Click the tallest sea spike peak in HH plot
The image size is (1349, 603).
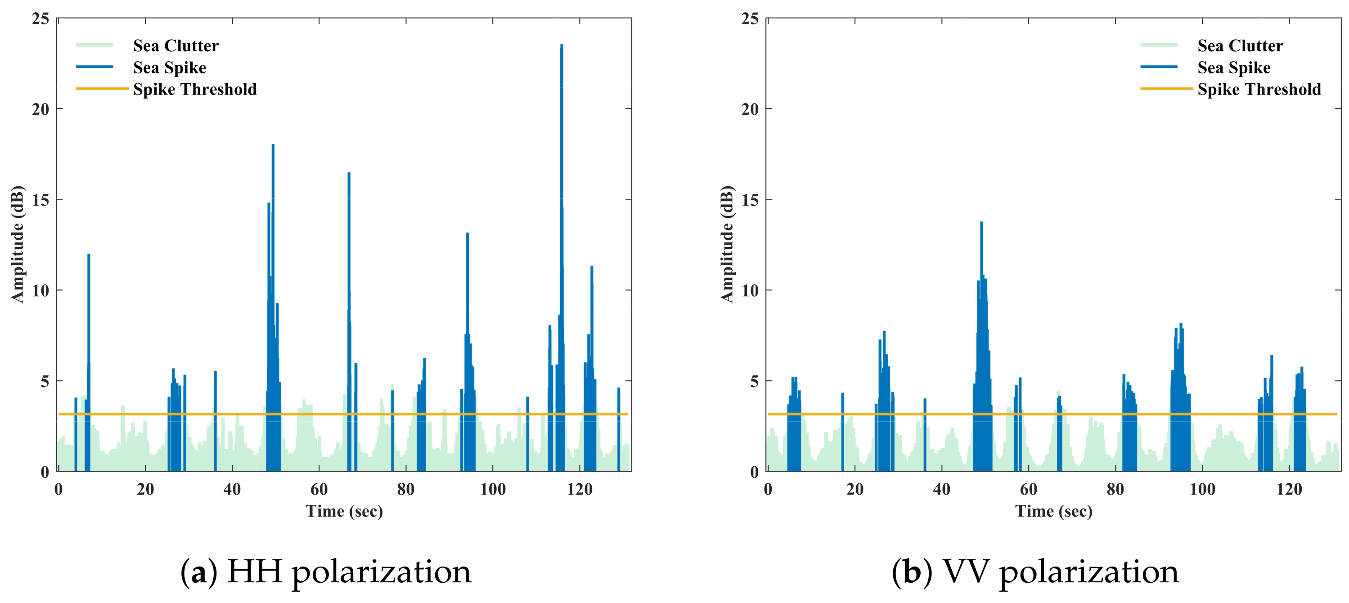[x=562, y=46]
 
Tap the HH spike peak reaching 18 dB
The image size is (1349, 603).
[x=273, y=146]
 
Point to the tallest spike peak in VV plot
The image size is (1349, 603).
[x=981, y=223]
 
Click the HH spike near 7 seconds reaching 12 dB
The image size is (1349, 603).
[x=89, y=255]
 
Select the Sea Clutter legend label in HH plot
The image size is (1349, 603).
[x=175, y=46]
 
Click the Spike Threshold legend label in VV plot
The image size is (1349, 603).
[x=1259, y=90]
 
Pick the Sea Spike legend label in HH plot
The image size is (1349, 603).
[x=169, y=67]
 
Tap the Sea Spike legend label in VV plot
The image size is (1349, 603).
[x=1234, y=67]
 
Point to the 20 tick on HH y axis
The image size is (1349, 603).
[x=40, y=109]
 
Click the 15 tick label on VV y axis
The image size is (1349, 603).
[x=750, y=200]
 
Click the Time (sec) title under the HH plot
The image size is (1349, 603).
[x=344, y=511]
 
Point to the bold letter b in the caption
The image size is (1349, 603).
[x=912, y=571]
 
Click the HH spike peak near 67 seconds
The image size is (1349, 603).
[x=349, y=174]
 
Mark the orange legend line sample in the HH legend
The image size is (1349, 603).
[x=102, y=89]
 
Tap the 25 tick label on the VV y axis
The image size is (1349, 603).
[x=750, y=19]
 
